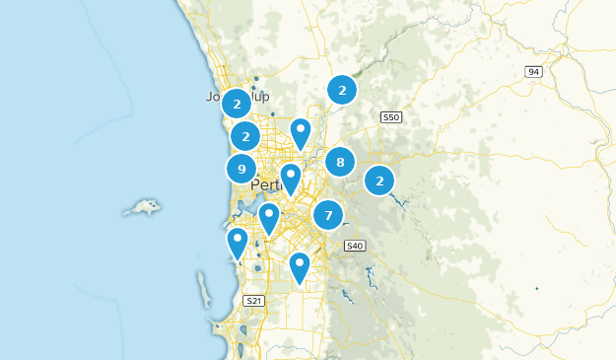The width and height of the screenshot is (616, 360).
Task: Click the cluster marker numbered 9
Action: pyautogui.click(x=241, y=169)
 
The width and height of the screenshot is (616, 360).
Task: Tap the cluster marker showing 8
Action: pyautogui.click(x=340, y=163)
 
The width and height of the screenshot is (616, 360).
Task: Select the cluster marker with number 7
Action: pyautogui.click(x=328, y=214)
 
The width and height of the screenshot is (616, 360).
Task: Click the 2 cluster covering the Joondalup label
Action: pyautogui.click(x=237, y=103)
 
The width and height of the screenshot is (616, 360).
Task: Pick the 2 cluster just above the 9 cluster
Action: pyautogui.click(x=245, y=135)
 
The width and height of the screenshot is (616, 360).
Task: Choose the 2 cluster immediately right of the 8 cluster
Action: pyautogui.click(x=379, y=180)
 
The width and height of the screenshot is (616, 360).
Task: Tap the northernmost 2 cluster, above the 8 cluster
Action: pyautogui.click(x=342, y=90)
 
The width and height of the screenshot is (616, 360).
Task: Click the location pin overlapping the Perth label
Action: pyautogui.click(x=291, y=178)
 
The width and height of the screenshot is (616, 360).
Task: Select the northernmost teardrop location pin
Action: pyautogui.click(x=301, y=131)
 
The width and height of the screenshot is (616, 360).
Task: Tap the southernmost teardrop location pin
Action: pyautogui.click(x=300, y=265)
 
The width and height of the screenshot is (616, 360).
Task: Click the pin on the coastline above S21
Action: pyautogui.click(x=237, y=241)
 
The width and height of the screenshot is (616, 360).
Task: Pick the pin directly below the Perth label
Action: pyautogui.click(x=269, y=216)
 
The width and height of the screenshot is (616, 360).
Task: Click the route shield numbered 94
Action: pyautogui.click(x=533, y=72)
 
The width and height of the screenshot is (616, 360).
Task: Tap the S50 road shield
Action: pyautogui.click(x=391, y=117)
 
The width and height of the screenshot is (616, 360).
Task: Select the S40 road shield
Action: pyautogui.click(x=355, y=246)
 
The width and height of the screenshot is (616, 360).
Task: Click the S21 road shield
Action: pyautogui.click(x=253, y=300)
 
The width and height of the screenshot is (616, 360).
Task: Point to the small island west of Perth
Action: pyautogui.click(x=144, y=208)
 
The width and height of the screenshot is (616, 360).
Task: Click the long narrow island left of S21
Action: pyautogui.click(x=204, y=291)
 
